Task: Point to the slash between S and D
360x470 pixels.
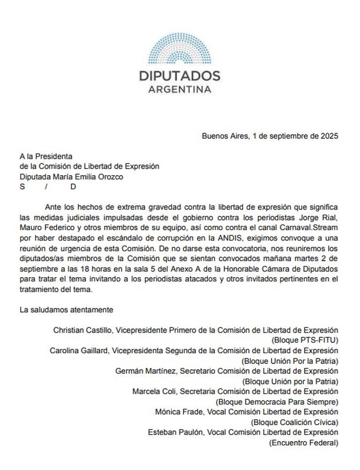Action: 47,188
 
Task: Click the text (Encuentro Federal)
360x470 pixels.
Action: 304,442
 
